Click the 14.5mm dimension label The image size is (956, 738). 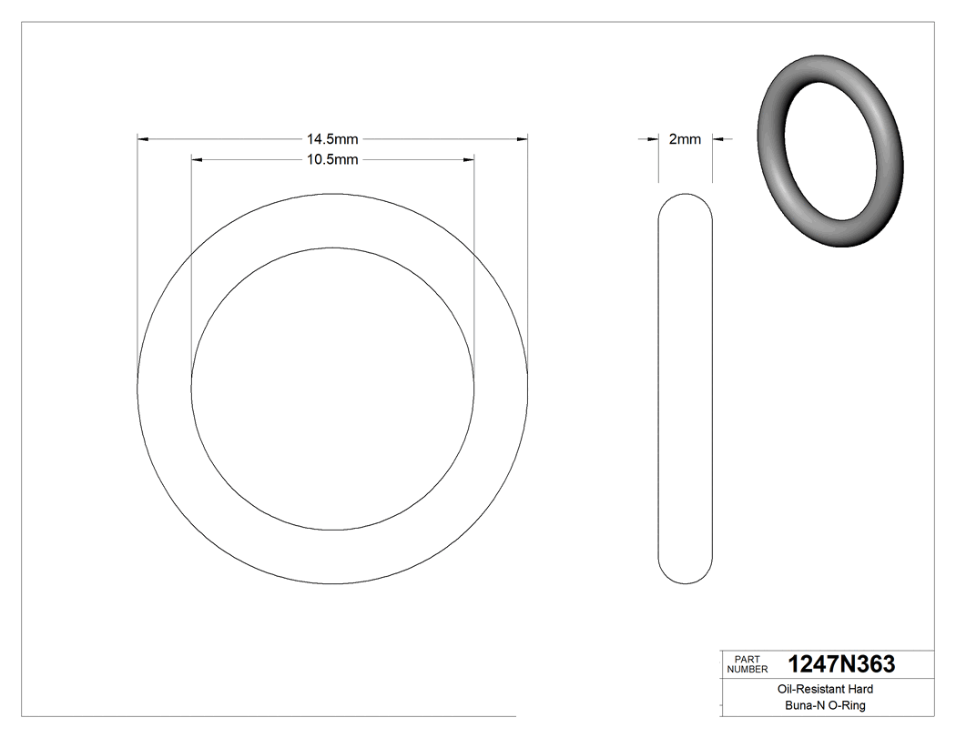point(332,139)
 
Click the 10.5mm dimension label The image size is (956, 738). point(332,159)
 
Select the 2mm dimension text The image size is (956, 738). point(685,139)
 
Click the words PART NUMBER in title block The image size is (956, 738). point(749,664)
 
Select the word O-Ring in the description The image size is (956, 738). point(847,705)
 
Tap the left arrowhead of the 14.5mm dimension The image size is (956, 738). point(142,139)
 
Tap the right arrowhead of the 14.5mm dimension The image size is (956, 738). point(523,139)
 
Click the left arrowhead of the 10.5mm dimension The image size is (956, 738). point(197,159)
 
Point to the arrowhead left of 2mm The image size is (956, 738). point(653,139)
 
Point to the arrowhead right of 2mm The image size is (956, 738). point(717,139)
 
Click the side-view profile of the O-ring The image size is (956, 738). point(685,389)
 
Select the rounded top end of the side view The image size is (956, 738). point(685,202)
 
